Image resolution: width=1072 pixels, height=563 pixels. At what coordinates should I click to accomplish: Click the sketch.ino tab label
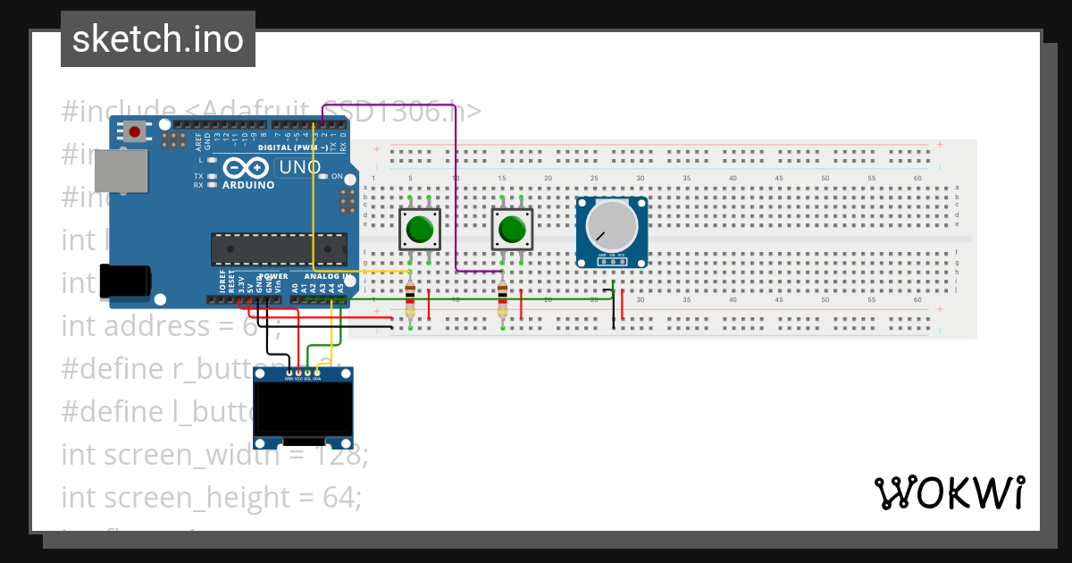[x=157, y=39]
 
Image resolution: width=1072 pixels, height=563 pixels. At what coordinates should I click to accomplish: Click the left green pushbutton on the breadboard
[x=419, y=230]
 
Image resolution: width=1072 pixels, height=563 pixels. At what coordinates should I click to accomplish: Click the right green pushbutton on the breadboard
[x=511, y=230]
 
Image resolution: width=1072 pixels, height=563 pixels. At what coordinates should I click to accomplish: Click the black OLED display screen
[x=303, y=408]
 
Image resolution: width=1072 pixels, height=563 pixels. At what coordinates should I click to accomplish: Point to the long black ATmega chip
[x=279, y=249]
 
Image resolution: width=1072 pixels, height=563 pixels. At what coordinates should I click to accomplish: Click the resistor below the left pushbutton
[x=410, y=299]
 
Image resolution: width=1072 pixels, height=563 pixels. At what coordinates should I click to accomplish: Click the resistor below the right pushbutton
[x=502, y=299]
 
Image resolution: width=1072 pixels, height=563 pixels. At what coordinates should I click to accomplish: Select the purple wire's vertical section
[x=456, y=197]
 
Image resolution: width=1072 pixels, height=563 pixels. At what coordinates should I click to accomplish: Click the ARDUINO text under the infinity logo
[x=247, y=185]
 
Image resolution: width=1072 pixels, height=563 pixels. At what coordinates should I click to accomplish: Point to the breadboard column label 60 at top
[x=917, y=179]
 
